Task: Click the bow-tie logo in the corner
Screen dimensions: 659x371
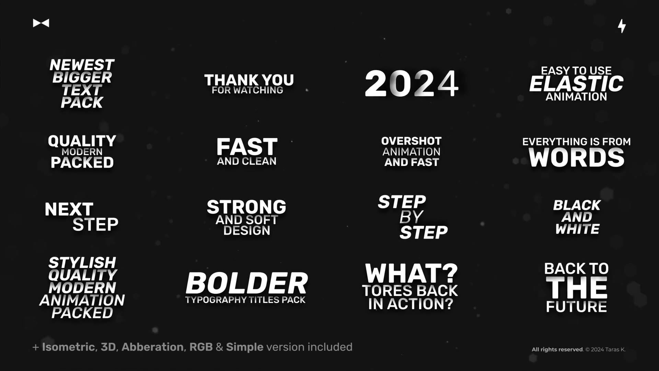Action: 41,23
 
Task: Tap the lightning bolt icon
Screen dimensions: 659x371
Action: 622,26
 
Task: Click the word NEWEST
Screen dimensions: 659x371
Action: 82,65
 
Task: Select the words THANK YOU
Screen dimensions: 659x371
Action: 249,80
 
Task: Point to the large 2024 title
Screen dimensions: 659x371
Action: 411,83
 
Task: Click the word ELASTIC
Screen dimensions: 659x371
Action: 576,84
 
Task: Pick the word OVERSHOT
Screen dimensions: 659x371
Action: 411,141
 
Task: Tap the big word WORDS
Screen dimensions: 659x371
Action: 576,158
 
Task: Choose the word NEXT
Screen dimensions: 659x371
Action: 69,209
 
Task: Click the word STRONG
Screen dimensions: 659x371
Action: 246,207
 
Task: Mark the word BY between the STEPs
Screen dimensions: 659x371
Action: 411,217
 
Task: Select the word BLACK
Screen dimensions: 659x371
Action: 577,205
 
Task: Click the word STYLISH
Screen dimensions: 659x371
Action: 82,263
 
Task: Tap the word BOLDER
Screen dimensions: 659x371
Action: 246,283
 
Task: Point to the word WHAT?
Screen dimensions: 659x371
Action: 411,273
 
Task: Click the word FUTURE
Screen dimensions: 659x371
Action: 576,307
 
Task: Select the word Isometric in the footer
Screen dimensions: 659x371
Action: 68,347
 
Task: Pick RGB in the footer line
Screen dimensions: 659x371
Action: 201,347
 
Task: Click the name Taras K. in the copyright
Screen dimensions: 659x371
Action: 615,349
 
